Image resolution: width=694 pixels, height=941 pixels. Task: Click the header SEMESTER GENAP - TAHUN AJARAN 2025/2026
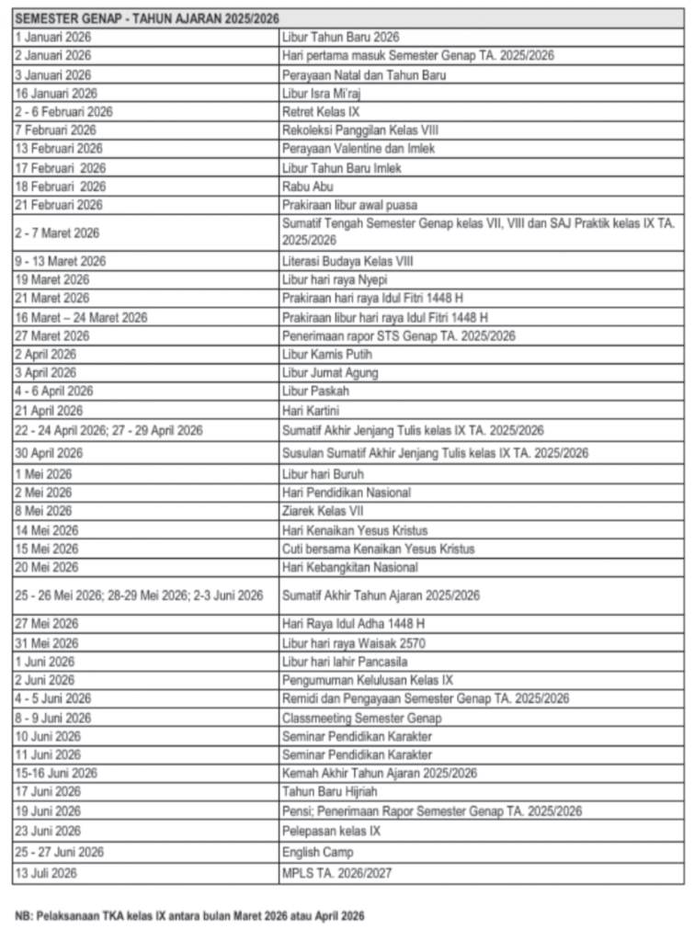click(148, 18)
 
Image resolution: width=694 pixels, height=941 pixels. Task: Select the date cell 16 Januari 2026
click(56, 94)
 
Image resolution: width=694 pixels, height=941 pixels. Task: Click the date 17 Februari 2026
click(61, 168)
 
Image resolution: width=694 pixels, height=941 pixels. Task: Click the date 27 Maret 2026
click(51, 335)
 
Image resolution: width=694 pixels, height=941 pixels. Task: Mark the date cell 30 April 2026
click(49, 453)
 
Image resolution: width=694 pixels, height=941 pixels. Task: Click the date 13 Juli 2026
click(46, 872)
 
